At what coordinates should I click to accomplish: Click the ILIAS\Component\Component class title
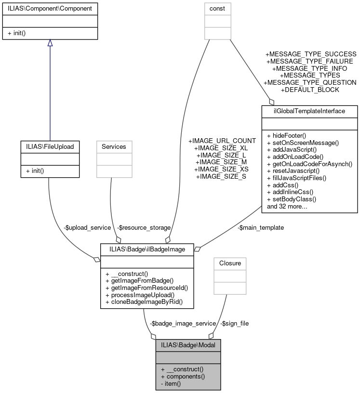point(50,8)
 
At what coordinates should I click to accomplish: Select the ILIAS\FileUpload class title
point(50,146)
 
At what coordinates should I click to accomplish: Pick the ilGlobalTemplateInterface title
point(309,111)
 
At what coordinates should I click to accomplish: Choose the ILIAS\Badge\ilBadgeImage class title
point(147,249)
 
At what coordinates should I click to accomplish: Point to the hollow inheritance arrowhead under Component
point(50,43)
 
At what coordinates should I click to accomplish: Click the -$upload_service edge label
point(87,227)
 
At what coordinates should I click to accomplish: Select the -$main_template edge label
point(261,227)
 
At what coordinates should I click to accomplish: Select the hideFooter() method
point(287,135)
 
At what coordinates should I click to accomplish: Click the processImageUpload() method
point(139,295)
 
